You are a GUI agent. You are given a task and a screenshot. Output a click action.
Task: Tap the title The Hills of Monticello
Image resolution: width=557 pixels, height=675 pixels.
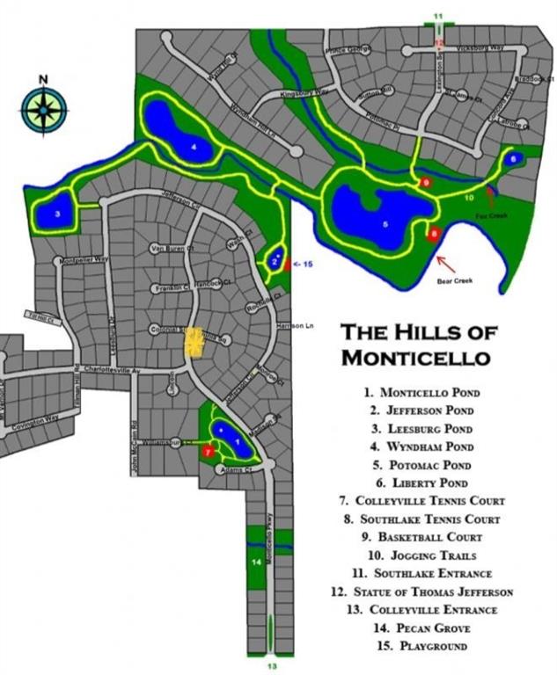tap(418, 345)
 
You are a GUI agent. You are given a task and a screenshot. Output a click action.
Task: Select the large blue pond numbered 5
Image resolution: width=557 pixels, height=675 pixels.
tap(378, 220)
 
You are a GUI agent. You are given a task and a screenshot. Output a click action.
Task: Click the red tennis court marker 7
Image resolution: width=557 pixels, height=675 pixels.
tap(208, 451)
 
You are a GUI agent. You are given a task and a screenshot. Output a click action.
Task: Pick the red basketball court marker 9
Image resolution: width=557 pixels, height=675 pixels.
tap(426, 182)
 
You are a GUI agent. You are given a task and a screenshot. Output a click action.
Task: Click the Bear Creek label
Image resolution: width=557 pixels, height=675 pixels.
tap(455, 282)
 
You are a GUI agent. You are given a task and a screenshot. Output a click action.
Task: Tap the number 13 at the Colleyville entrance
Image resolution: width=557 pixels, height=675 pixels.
tap(272, 667)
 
